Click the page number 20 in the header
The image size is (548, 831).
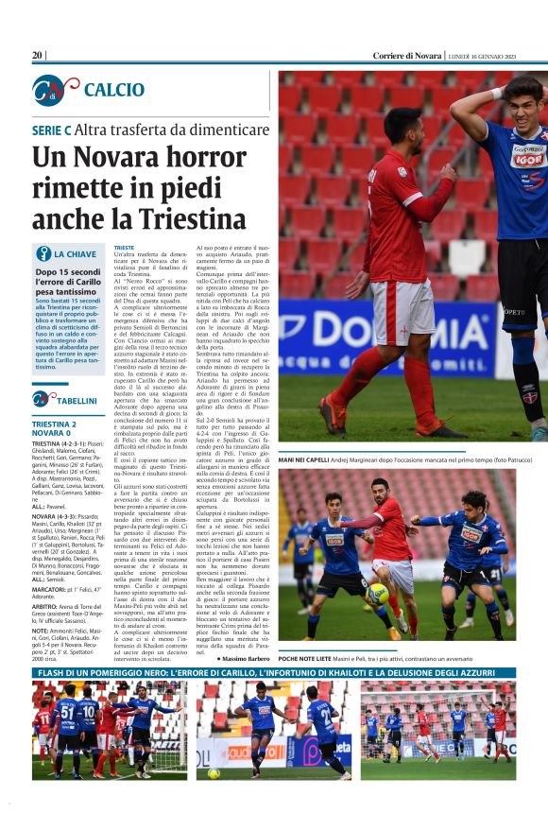(x=38, y=56)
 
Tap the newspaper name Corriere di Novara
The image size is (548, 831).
(x=406, y=56)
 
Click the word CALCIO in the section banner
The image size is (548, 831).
(x=113, y=90)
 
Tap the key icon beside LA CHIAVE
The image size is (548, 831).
(x=43, y=253)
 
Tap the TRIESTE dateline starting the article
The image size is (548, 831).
(x=124, y=247)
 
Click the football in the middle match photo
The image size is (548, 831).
(x=377, y=594)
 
